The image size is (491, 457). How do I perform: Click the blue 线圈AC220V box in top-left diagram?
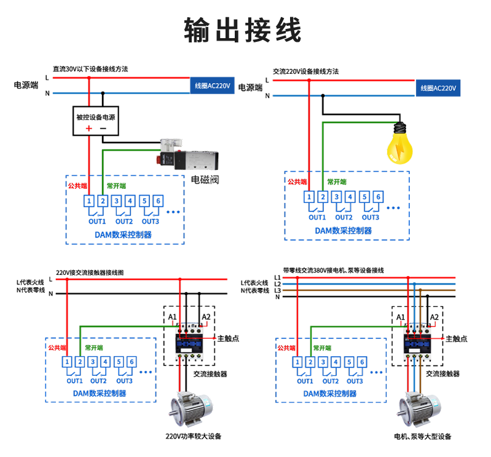point(213,85)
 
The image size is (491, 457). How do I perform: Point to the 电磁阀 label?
point(205,180)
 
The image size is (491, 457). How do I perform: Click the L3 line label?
point(277,290)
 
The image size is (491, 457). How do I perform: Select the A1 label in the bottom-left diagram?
point(172,317)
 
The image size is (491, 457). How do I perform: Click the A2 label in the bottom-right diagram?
point(434,317)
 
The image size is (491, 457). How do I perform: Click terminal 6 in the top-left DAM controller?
point(158,201)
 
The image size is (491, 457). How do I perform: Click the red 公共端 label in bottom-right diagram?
point(286,348)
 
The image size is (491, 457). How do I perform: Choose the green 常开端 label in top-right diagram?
point(337,182)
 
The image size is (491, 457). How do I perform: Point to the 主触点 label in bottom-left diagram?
point(228,338)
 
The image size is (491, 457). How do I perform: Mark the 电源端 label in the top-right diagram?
point(251,88)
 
